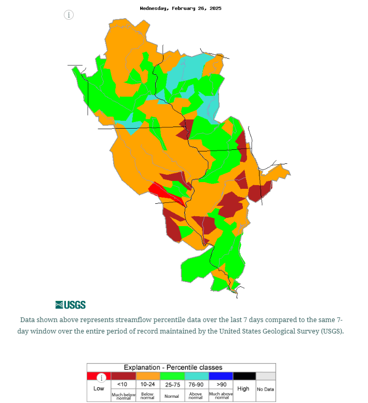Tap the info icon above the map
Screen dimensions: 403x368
69,15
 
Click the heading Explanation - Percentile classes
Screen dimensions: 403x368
181,367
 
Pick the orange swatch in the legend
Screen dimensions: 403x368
147,376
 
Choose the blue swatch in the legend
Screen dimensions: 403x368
221,376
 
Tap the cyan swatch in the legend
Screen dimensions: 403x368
196,376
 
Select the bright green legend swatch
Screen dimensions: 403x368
172,376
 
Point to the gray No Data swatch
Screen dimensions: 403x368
266,376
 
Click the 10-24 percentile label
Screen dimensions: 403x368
147,385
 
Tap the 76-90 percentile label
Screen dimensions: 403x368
196,385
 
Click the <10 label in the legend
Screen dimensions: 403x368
122,385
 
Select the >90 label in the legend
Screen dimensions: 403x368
221,385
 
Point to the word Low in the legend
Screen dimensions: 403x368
99,388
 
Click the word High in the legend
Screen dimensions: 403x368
243,388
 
